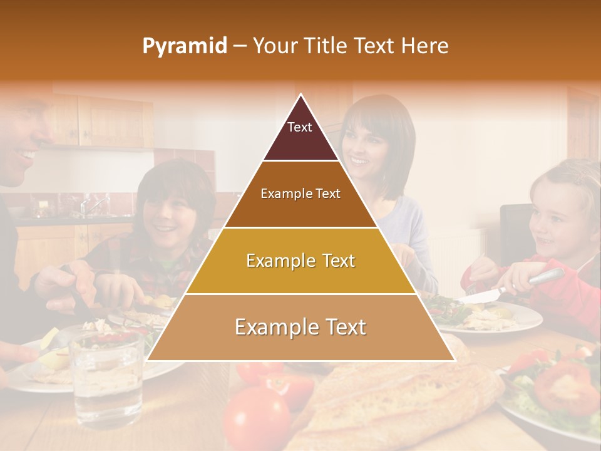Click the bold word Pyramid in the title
pos(185,46)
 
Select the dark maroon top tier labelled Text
pos(300,135)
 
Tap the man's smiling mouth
pos(25,154)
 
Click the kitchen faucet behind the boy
pos(94,204)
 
